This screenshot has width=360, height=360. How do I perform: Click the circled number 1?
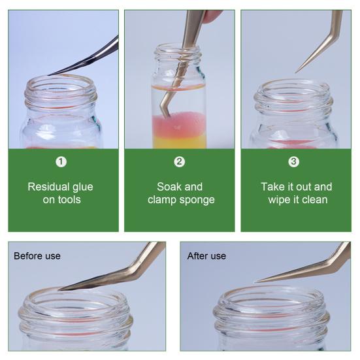pyautogui.click(x=61, y=161)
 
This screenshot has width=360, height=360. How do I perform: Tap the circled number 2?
pyautogui.click(x=179, y=161)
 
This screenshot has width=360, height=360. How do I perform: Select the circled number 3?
pyautogui.click(x=293, y=161)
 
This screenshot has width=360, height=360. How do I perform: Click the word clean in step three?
pyautogui.click(x=314, y=200)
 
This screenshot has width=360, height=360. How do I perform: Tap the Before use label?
pyautogui.click(x=37, y=255)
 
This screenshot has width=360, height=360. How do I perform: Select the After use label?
pyautogui.click(x=206, y=255)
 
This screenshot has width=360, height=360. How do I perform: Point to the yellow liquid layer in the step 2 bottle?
pyautogui.click(x=179, y=141)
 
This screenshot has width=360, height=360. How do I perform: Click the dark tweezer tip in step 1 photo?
pyautogui.click(x=48, y=75)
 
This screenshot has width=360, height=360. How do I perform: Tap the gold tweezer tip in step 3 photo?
pyautogui.click(x=296, y=73)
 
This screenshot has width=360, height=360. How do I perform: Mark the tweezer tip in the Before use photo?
pyautogui.click(x=59, y=290)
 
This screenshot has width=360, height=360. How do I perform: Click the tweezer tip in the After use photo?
pyautogui.click(x=255, y=282)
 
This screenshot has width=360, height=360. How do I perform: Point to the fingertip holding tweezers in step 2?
pyautogui.click(x=211, y=16)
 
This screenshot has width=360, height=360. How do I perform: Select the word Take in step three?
pyautogui.click(x=272, y=187)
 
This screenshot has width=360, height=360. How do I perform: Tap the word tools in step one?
pyautogui.click(x=69, y=200)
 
